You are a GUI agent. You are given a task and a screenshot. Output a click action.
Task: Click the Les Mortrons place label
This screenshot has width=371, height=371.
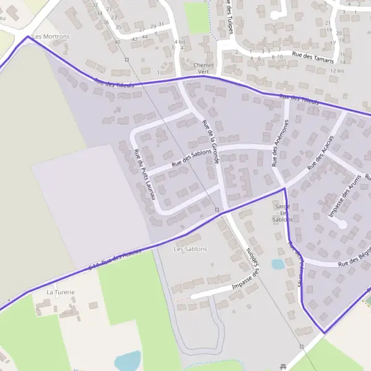point(51,36)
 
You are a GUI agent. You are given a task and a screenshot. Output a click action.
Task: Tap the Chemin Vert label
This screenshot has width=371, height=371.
point(203,68)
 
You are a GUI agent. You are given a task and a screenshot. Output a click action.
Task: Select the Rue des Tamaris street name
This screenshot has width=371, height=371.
point(313,58)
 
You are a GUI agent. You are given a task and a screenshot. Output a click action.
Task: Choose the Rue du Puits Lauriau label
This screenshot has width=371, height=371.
point(143,175)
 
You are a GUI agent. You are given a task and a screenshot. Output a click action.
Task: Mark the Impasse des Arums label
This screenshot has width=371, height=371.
point(345,198)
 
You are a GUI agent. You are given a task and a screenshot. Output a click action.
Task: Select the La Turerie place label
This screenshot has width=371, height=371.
point(61,292)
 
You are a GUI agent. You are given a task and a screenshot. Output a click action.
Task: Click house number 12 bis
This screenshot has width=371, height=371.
point(336,70)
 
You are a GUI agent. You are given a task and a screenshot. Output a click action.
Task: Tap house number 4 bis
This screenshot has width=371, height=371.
point(180,42)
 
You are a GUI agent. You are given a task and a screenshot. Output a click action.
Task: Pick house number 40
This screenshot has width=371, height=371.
point(117,42)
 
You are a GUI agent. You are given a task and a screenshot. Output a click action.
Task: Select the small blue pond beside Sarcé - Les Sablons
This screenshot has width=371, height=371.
point(278,265)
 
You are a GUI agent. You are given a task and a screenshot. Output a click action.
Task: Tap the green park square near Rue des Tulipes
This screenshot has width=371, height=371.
point(198,19)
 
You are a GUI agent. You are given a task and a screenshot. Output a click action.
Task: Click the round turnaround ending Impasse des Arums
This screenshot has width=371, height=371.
point(341,224)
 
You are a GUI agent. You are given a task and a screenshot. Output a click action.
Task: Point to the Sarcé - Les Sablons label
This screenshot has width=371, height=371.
point(283,212)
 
